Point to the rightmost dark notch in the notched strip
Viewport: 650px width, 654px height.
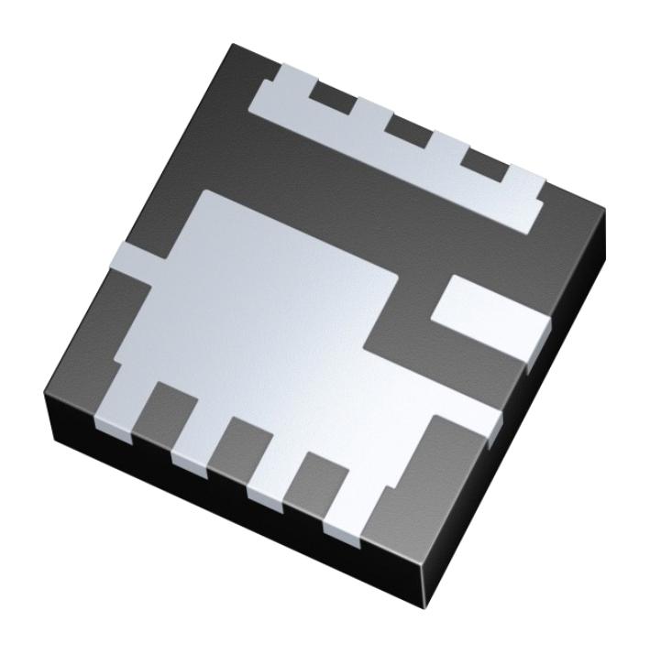(483, 159)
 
